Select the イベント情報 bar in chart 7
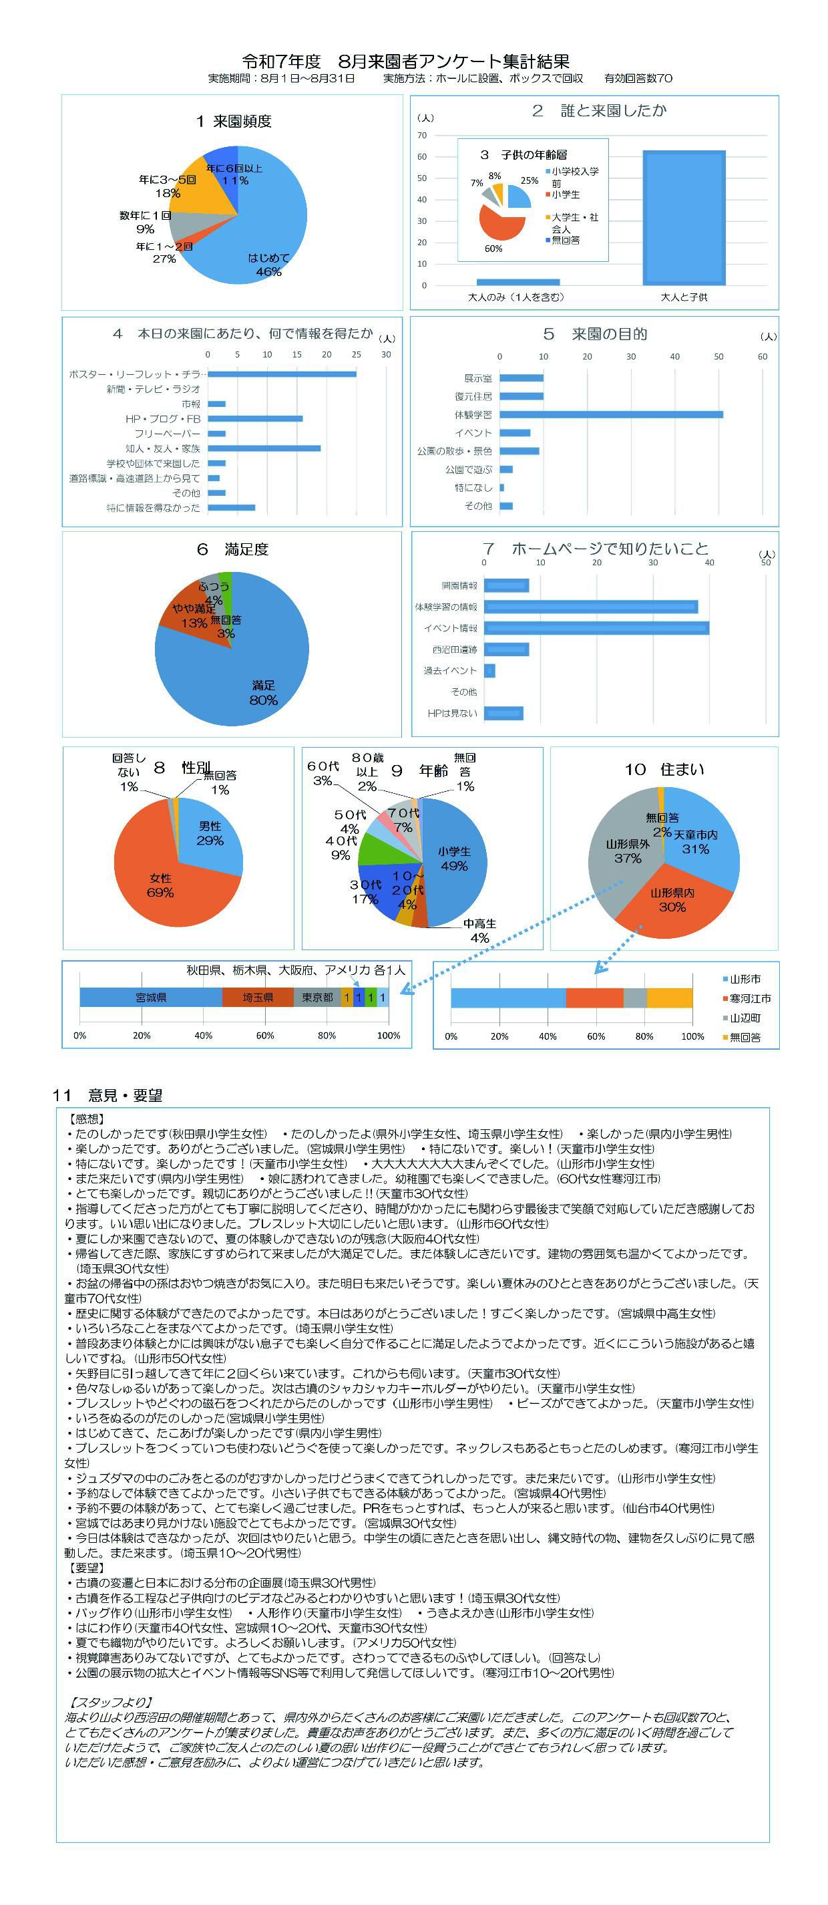596,628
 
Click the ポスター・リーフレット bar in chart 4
282,374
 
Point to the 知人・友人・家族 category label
163,449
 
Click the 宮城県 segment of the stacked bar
151,998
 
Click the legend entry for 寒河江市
750,998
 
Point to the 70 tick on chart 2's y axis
422,136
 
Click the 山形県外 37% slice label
628,851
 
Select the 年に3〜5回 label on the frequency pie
168,186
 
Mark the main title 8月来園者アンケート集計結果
406,61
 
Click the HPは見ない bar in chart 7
503,713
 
